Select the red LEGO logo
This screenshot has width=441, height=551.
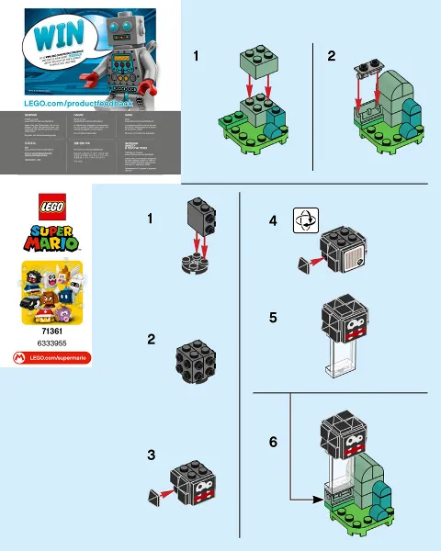[46, 208]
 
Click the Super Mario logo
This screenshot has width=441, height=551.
[46, 240]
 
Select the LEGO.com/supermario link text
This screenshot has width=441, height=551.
[51, 356]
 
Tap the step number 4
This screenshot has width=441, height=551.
[273, 221]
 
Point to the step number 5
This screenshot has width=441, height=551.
[273, 318]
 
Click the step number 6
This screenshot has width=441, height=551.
[273, 442]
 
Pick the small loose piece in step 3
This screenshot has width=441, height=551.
[152, 496]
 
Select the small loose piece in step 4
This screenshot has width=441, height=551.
[304, 264]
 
